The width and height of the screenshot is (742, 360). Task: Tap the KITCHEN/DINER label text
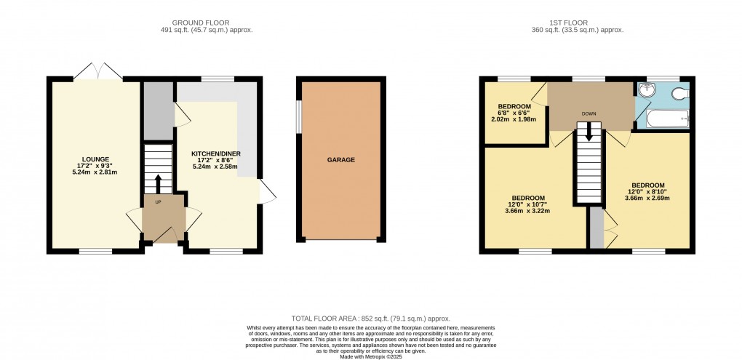[x=216, y=154]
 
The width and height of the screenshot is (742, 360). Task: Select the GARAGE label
[x=341, y=160]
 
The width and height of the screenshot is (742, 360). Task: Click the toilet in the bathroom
[x=680, y=93]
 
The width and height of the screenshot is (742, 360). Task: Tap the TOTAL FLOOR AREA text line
[x=370, y=319]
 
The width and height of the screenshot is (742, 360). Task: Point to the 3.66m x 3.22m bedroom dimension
[x=528, y=212]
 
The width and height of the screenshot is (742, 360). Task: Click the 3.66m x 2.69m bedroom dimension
[x=647, y=199]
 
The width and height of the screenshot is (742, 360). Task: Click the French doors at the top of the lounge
[x=97, y=72]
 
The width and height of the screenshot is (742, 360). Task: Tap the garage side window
[x=298, y=116]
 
